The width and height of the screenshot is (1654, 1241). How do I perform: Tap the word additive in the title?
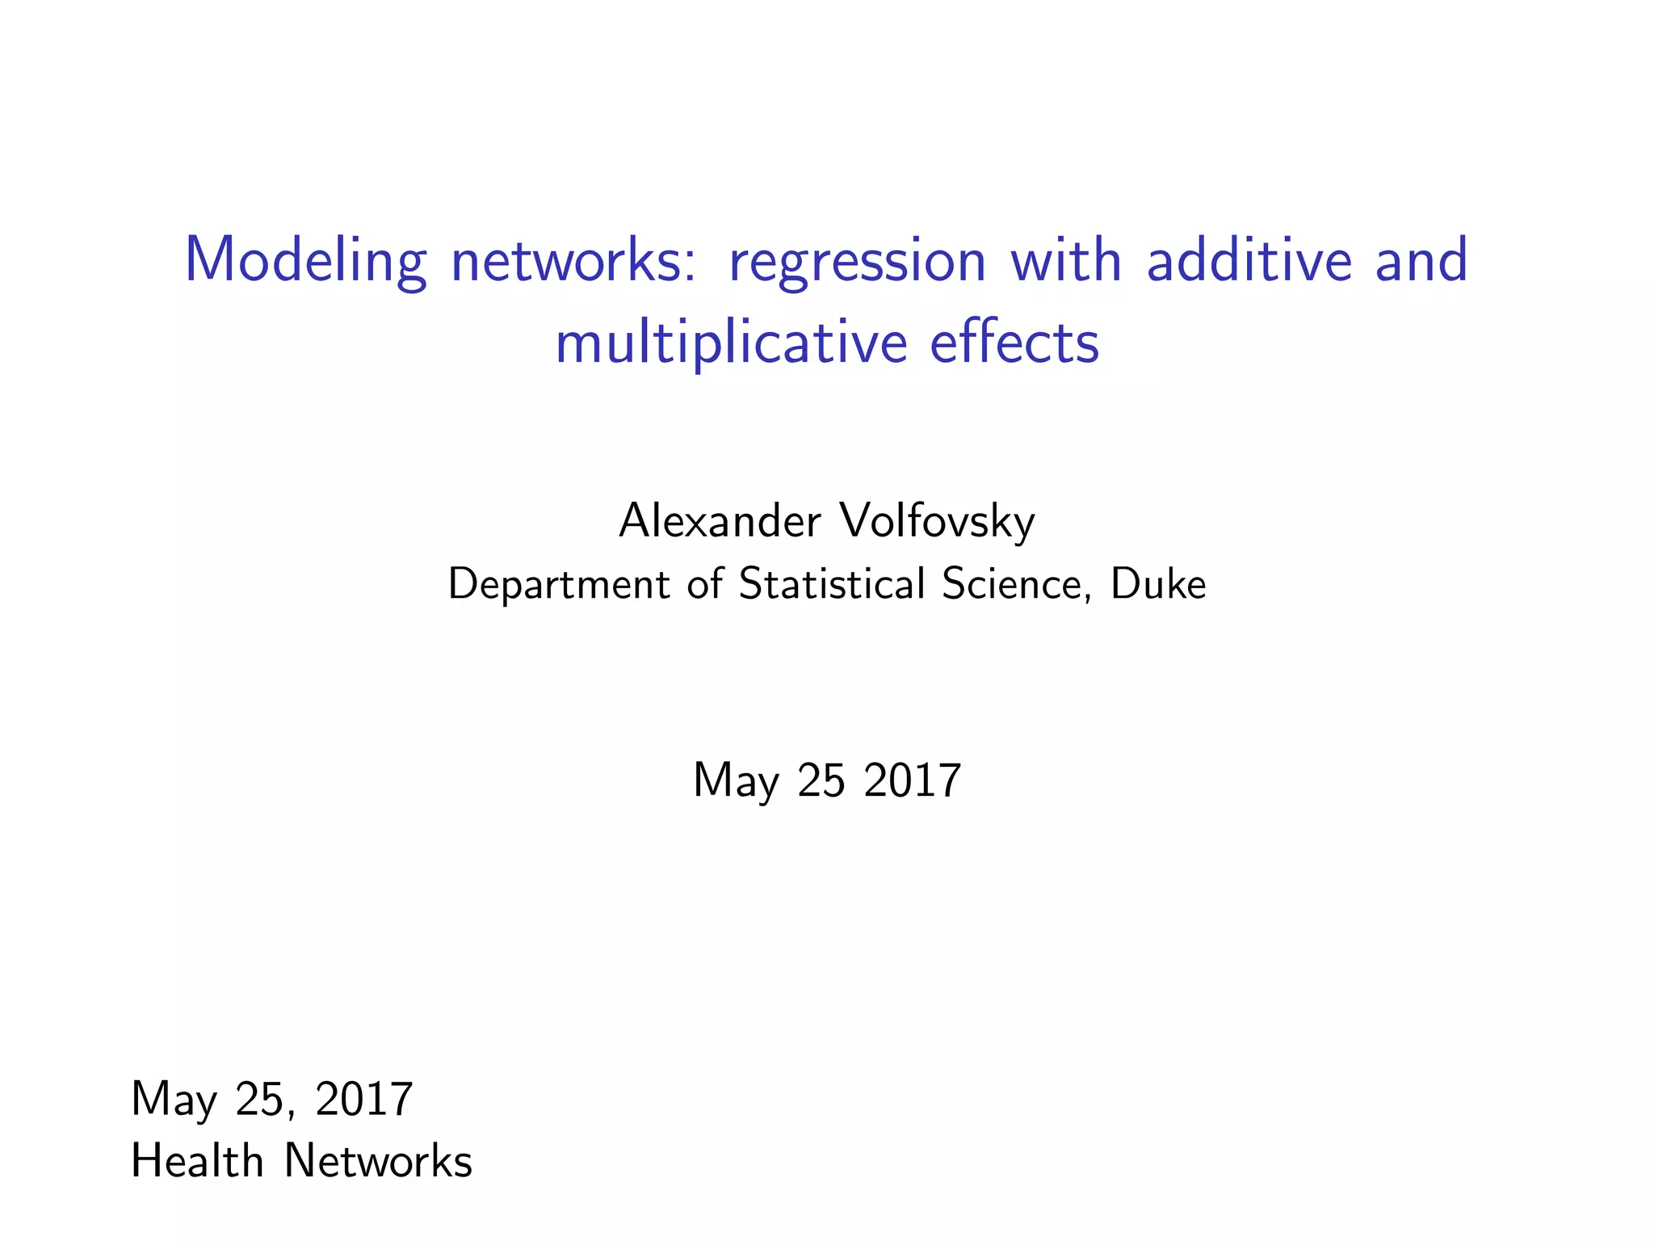pos(1249,260)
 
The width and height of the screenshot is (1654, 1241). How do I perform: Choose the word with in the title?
pos(1066,260)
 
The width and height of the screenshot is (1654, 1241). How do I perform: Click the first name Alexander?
pos(720,521)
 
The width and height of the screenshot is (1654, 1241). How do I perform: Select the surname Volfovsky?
pos(937,521)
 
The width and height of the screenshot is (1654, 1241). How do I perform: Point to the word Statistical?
pos(831,583)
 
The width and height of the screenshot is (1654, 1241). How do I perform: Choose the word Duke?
pos(1158,583)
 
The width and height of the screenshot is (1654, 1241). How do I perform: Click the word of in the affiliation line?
pos(704,583)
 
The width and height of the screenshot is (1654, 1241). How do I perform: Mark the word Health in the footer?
pos(197,1161)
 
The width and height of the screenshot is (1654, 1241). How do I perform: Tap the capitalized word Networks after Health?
pos(378,1161)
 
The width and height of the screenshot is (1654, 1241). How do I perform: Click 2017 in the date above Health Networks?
pos(364,1099)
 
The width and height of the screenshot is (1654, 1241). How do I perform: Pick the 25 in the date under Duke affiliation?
pos(821,780)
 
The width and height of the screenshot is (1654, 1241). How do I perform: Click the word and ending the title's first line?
pos(1421,260)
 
